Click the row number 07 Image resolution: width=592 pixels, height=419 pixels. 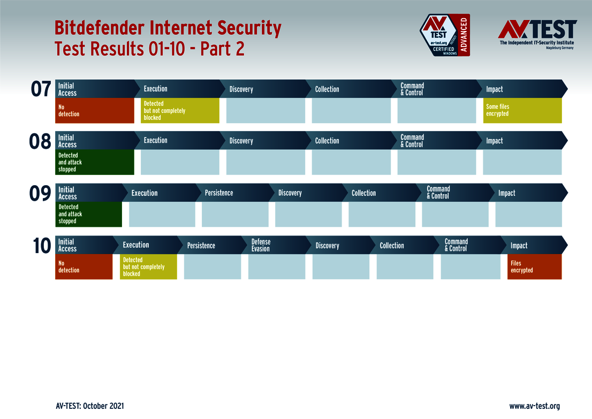pos(41,89)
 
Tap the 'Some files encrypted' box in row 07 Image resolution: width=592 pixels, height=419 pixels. pos(522,111)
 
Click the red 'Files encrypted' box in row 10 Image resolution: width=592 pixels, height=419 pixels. pos(534,267)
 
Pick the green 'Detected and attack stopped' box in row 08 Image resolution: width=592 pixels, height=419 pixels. pos(95,162)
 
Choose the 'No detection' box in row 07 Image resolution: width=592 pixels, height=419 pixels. pos(95,111)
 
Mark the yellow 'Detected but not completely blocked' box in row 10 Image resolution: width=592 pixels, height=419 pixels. pos(148,267)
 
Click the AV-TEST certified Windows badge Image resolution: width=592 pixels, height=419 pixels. pos(444,35)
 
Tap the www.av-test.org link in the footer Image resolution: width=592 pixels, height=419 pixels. pos(534,406)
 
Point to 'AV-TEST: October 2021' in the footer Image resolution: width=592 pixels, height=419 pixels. pos(90,406)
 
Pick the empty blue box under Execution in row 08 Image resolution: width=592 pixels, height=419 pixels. pos(180,162)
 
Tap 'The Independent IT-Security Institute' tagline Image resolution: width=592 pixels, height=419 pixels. pos(536,42)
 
